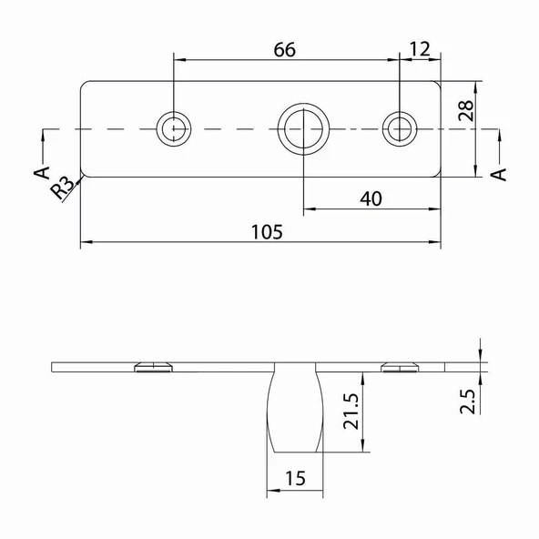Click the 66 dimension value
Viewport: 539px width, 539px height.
click(285, 49)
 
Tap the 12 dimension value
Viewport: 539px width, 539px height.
click(420, 49)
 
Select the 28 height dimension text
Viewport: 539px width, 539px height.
click(466, 111)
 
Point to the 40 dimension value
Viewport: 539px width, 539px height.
click(371, 198)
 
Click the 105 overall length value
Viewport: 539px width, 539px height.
click(267, 232)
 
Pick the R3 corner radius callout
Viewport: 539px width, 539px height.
click(62, 188)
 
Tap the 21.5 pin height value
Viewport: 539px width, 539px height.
click(351, 412)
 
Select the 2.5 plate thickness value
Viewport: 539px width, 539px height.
click(467, 402)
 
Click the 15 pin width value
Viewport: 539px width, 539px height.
click(295, 478)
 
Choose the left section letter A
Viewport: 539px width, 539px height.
click(42, 172)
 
